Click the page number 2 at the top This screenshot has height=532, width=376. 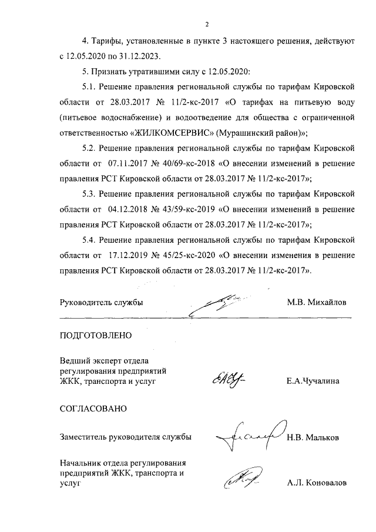pos(207,24)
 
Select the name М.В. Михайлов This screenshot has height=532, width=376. pos(317,302)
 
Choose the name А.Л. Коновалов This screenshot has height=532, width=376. pos(317,483)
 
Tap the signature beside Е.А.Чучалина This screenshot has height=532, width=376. pos(225,380)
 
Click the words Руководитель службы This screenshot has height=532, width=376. pos(102,302)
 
